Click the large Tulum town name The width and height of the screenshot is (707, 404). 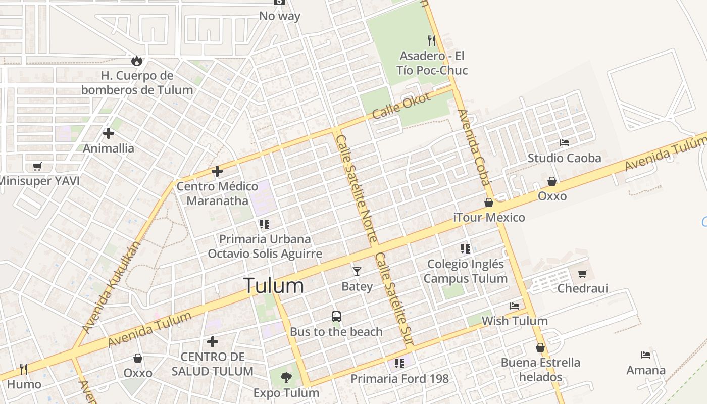(273, 286)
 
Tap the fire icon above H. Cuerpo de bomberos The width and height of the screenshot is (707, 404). (136, 61)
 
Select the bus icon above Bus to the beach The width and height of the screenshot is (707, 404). (336, 317)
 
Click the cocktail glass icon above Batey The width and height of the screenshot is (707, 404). (357, 272)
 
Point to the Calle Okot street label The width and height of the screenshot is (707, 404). (401, 106)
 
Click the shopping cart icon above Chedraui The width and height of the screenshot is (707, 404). (583, 274)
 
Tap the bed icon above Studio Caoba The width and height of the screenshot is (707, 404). (565, 143)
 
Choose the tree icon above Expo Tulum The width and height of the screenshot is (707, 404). (286, 377)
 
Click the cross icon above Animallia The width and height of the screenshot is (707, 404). (109, 133)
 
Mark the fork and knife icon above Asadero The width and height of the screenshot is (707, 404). (432, 40)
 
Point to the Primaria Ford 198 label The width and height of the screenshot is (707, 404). (399, 379)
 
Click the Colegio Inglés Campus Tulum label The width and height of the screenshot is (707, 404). (465, 271)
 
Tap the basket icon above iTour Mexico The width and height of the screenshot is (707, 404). (489, 203)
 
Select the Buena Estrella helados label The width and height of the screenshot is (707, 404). (540, 370)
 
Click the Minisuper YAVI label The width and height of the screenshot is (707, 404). (39, 181)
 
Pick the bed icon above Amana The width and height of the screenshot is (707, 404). (646, 355)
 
